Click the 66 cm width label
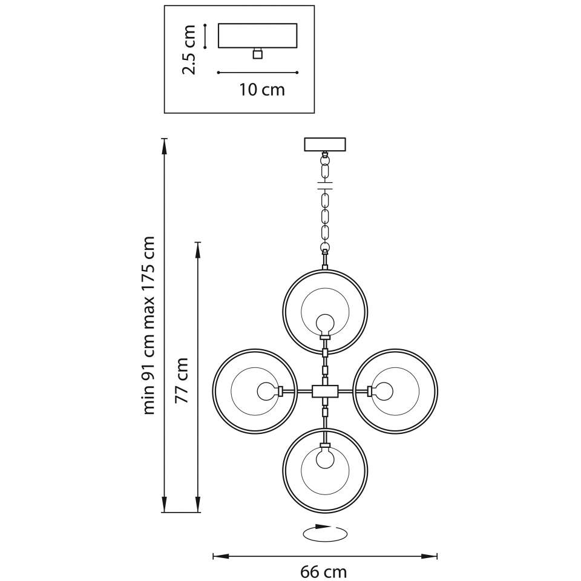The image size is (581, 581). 323,572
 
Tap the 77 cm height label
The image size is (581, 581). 182,380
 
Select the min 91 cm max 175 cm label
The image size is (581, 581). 149,325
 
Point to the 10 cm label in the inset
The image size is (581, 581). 261,90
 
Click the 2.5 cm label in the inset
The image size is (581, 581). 189,50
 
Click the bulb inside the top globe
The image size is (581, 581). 326,323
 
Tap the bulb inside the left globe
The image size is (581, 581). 267,392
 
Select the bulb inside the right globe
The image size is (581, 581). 382,392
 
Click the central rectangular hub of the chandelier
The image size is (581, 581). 325,392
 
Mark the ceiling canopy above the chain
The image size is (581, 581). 325,145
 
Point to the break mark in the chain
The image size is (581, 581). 325,185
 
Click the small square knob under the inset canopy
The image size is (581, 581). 258,54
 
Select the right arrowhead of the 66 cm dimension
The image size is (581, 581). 429,556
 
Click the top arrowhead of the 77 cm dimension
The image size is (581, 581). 199,251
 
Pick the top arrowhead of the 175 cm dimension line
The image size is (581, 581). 164,146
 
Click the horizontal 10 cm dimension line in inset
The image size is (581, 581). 258,73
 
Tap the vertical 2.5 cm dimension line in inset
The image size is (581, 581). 205,36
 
